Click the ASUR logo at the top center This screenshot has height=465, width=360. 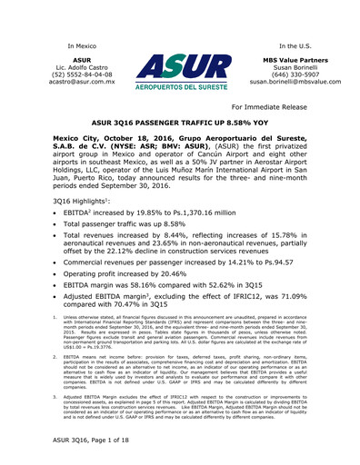coord(180,74)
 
